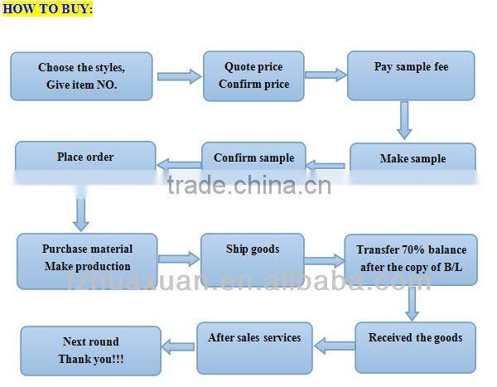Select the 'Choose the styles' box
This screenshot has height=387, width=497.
pos(83,75)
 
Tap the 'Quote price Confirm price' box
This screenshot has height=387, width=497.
pos(253,75)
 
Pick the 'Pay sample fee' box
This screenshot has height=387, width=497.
pos(412,75)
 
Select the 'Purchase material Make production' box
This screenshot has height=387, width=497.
pos(87,260)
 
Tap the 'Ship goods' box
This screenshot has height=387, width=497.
pos(253,256)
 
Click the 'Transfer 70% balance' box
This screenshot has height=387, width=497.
pos(411,260)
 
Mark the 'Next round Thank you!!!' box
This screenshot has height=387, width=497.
pos(90,351)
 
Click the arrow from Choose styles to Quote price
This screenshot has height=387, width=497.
pos(179,76)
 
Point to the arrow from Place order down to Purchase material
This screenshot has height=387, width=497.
pos(80,214)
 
